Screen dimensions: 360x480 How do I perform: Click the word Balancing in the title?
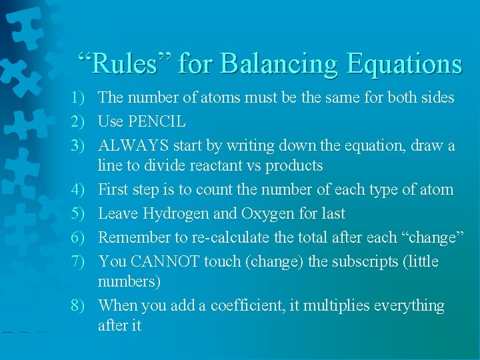coord(278,64)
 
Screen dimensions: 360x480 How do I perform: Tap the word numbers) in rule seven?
coord(129,281)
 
